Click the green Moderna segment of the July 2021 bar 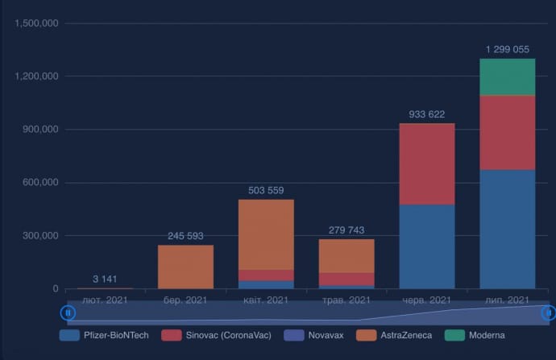(x=507, y=77)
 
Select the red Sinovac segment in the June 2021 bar (x=427, y=164)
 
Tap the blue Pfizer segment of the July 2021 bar (x=507, y=229)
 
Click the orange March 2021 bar (x=185, y=267)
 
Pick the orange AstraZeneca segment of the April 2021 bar (x=266, y=234)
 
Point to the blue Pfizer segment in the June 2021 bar (x=427, y=246)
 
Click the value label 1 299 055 (x=507, y=50)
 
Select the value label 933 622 (x=427, y=114)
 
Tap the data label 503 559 (x=266, y=191)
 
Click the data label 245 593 (x=185, y=236)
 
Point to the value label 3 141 (x=106, y=279)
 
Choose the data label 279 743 (x=346, y=230)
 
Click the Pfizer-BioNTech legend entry (x=105, y=335)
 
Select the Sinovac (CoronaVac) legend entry (x=216, y=335)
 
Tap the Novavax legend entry (x=314, y=335)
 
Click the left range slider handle (x=68, y=312)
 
